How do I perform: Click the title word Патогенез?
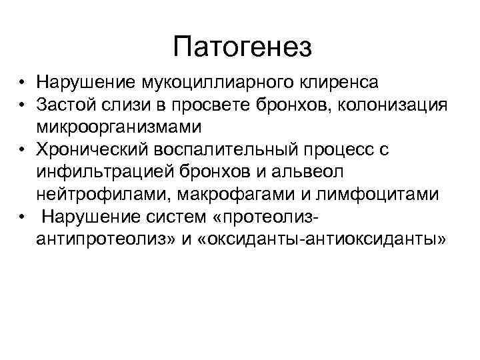click(241, 47)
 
